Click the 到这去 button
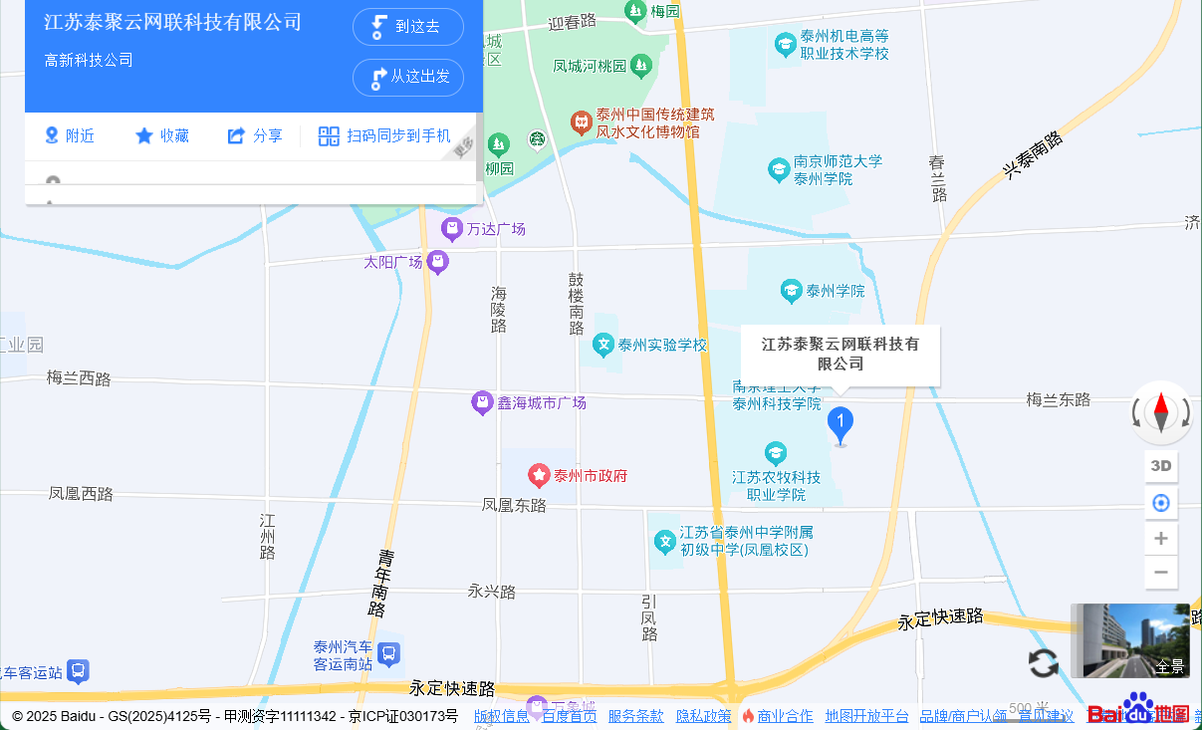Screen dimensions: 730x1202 (408, 27)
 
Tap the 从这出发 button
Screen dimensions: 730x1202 (408, 77)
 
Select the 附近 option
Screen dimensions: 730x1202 (70, 136)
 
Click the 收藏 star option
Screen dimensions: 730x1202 (162, 136)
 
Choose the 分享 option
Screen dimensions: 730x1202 (255, 136)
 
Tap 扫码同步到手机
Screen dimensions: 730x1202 (384, 136)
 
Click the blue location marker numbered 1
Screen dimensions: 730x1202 (841, 424)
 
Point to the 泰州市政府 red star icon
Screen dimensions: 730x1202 (539, 475)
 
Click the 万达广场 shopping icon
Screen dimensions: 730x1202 (452, 229)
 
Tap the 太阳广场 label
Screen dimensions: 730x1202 (393, 263)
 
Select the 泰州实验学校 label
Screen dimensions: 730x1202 (662, 346)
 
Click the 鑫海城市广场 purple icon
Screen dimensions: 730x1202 (483, 403)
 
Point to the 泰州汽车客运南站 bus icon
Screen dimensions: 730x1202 (389, 654)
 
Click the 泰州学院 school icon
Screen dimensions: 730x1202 (792, 291)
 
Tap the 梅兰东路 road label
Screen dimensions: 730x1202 (1059, 399)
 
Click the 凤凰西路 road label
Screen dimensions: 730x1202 (81, 494)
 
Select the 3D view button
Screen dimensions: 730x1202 (1161, 466)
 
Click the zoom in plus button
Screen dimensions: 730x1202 (1161, 539)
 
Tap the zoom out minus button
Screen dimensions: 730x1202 (1161, 573)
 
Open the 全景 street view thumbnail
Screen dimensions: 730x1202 (1130, 640)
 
